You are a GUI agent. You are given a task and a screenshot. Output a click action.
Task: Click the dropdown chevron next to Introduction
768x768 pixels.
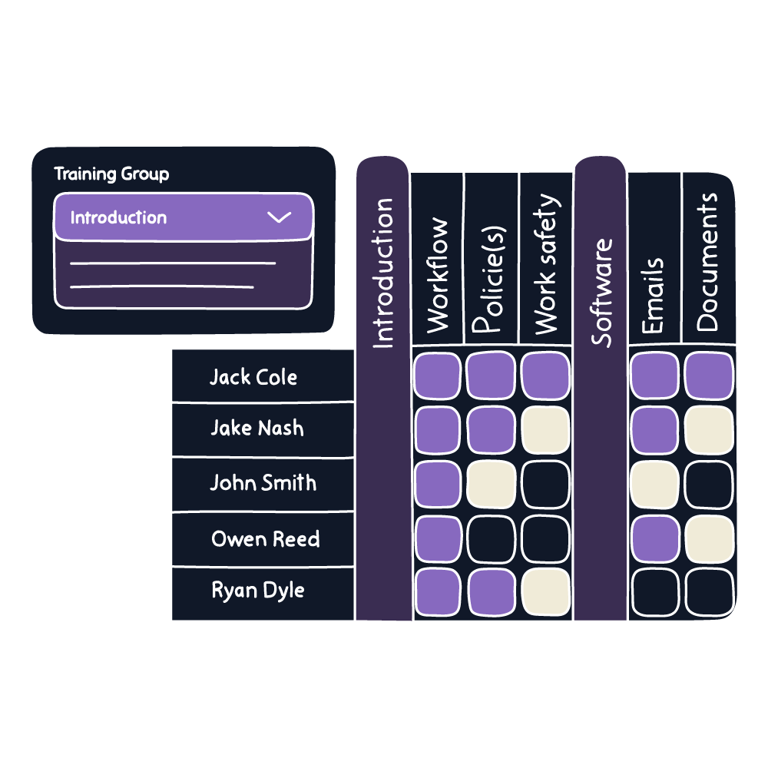pos(279,217)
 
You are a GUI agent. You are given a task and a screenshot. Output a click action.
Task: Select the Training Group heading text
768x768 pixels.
pos(111,174)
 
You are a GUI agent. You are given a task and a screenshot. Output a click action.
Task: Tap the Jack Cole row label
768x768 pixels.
pos(253,377)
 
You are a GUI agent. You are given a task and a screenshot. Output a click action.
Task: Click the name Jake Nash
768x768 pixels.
pos(257,429)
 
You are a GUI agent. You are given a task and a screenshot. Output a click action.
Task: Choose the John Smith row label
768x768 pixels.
pos(263,483)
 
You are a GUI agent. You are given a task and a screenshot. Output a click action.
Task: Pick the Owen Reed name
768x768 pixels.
pos(265,539)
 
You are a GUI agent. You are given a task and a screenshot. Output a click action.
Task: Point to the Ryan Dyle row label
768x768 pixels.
pos(258,591)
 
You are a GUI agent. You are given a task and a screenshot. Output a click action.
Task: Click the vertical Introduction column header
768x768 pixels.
pos(382,273)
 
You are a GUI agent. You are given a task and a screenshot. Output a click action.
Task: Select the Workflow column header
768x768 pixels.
pos(437,275)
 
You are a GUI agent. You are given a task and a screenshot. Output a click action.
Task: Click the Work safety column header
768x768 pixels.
pos(545,265)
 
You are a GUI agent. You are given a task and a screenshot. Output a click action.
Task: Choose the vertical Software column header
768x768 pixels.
pos(601,292)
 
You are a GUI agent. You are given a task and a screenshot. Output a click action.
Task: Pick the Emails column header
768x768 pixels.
pos(653,296)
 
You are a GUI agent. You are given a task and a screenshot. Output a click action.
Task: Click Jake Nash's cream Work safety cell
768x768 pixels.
pos(545,430)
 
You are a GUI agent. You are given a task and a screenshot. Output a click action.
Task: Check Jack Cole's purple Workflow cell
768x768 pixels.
pos(437,376)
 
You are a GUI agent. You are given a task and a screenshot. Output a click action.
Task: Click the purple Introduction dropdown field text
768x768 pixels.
pos(118,217)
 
